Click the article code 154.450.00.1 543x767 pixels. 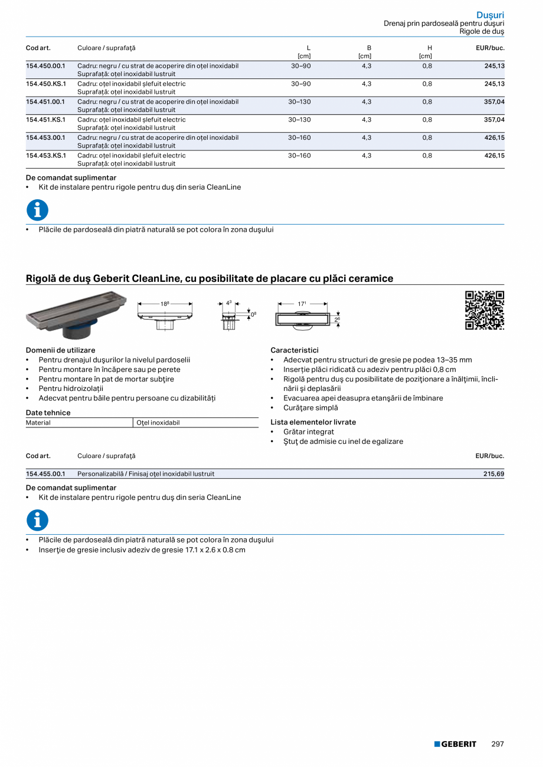pyautogui.click(x=45, y=66)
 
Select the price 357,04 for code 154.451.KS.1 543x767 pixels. pyautogui.click(x=494, y=120)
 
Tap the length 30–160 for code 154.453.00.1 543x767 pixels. pyautogui.click(x=299, y=137)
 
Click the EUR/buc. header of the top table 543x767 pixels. pyautogui.click(x=490, y=48)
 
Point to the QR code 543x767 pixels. pyautogui.click(x=485, y=310)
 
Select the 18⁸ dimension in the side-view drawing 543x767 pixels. pyautogui.click(x=165, y=304)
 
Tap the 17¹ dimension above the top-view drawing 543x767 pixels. pyautogui.click(x=302, y=304)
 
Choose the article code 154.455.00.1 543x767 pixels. pyautogui.click(x=45, y=473)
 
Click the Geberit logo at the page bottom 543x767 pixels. pyautogui.click(x=455, y=744)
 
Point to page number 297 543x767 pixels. pyautogui.click(x=498, y=744)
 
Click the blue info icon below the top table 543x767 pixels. pyautogui.click(x=37, y=210)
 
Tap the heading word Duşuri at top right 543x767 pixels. pyautogui.click(x=490, y=15)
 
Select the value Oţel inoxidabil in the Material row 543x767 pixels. pyautogui.click(x=158, y=423)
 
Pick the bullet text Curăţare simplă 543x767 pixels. pyautogui.click(x=310, y=407)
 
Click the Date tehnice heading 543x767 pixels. pyautogui.click(x=48, y=413)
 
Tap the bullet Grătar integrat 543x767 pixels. pyautogui.click(x=308, y=432)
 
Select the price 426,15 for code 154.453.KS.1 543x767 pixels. pyautogui.click(x=494, y=156)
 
